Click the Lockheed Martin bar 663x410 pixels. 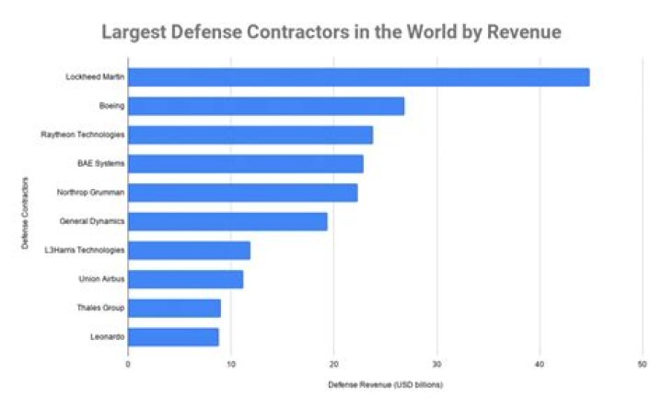click(x=358, y=77)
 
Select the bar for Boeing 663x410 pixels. click(x=266, y=106)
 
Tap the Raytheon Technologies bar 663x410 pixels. click(x=250, y=135)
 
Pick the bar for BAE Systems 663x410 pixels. click(x=246, y=164)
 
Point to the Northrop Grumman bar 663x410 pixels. click(x=242, y=193)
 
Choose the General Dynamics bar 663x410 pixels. click(x=227, y=221)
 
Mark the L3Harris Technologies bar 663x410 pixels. click(x=189, y=250)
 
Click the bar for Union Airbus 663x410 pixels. click(x=185, y=279)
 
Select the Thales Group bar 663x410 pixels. click(x=174, y=308)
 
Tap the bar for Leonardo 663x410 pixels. click(x=173, y=336)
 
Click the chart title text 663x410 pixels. click(x=331, y=32)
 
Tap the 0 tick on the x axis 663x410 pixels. click(x=128, y=364)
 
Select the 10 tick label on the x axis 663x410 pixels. click(x=230, y=364)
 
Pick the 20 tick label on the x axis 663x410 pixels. click(x=333, y=364)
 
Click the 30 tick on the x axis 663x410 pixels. click(x=436, y=364)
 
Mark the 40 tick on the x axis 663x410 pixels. click(x=539, y=364)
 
